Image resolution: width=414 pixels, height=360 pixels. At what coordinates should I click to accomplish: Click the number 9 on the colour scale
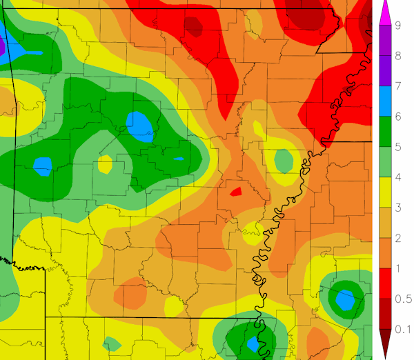click(399, 26)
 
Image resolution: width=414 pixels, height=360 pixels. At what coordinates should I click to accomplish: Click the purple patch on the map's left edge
click(2, 47)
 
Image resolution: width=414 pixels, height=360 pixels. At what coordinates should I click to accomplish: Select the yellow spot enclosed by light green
click(105, 163)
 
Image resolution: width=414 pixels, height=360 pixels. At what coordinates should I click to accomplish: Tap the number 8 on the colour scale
click(399, 56)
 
